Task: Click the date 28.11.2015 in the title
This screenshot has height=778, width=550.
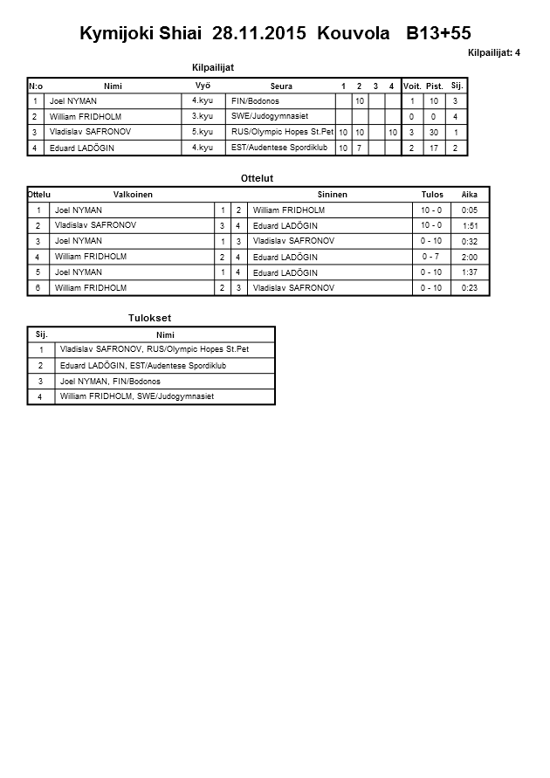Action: coord(259,34)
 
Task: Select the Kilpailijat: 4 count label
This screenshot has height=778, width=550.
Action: coord(494,53)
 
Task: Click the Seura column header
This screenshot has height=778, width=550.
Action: coord(281,86)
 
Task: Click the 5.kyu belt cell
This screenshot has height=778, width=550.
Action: coord(203,132)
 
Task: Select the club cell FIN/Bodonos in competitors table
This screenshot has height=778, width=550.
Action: coord(255,101)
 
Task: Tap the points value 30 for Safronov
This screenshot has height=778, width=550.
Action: coord(434,132)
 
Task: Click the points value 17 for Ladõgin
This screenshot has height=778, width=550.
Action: coord(434,148)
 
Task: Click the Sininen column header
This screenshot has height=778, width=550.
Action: coord(333,194)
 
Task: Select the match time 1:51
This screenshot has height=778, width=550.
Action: coord(470,226)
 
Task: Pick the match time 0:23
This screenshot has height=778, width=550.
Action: coord(470,287)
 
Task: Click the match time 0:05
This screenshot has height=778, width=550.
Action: coord(470,210)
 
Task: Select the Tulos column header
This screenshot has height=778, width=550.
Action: coord(432,194)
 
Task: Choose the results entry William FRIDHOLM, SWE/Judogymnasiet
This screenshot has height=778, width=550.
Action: coord(136,396)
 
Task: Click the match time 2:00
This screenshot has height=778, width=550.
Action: coord(470,258)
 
